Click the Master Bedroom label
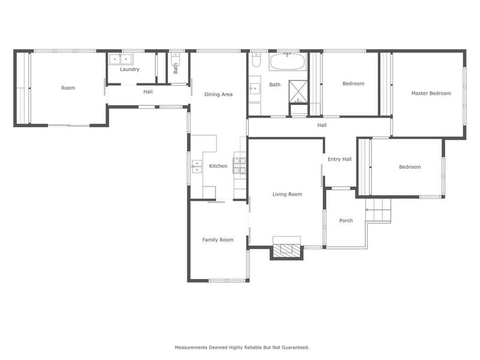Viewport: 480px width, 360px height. tap(431, 93)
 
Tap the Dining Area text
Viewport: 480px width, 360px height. tap(218, 94)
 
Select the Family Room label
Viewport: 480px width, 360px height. tap(217, 240)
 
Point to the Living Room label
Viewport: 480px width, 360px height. tap(287, 194)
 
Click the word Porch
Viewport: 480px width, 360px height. tap(346, 221)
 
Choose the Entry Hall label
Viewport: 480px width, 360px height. tap(339, 159)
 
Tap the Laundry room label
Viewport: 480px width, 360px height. tap(130, 70)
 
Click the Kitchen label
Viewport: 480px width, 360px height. tap(218, 166)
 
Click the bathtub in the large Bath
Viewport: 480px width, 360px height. tap(288, 62)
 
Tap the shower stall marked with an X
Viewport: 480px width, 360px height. tap(298, 90)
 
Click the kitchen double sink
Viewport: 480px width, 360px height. tap(196, 166)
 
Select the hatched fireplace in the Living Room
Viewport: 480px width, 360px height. tap(287, 251)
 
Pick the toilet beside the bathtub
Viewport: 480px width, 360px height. tap(256, 61)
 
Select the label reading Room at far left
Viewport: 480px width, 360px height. tap(68, 88)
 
